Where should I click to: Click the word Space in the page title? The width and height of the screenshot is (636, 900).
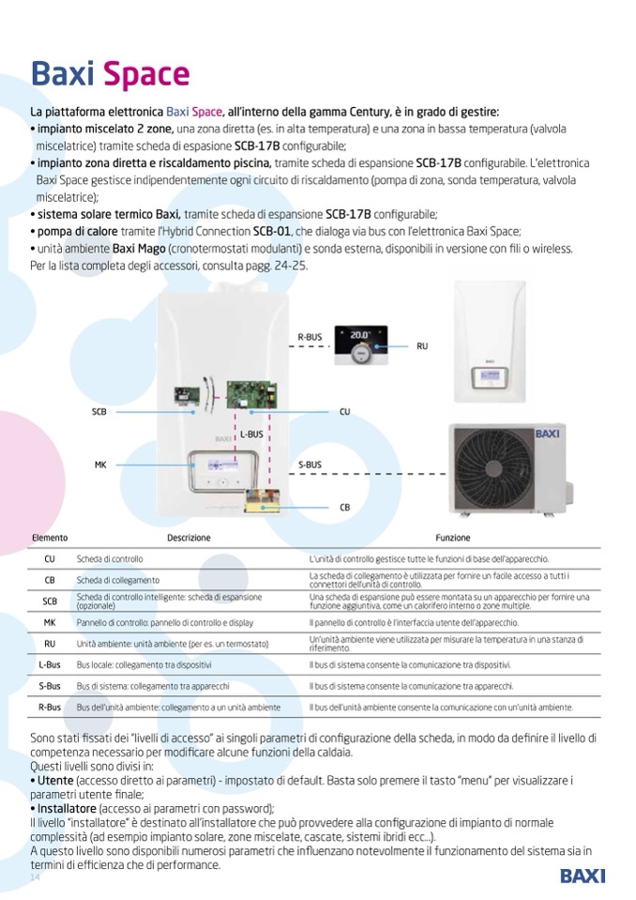point(145,73)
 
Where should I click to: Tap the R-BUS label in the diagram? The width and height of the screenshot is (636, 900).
point(310,337)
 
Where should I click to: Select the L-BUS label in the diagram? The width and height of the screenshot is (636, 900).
point(250,435)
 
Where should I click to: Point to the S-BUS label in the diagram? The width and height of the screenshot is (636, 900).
point(310,464)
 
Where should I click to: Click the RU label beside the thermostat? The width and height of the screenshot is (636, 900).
point(421,346)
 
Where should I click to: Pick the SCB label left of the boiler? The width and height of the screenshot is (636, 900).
point(98,412)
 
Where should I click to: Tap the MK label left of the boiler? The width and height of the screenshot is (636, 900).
point(100,464)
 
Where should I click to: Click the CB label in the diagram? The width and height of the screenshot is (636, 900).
point(344,507)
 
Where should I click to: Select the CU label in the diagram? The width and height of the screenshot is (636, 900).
point(344,412)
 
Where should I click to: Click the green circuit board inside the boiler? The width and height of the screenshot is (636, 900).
point(252,388)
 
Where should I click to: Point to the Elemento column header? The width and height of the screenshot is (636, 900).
point(50,538)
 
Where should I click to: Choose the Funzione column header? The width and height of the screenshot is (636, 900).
point(452,538)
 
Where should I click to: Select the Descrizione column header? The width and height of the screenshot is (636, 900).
point(189,538)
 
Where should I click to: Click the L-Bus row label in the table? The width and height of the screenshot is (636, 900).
point(50,664)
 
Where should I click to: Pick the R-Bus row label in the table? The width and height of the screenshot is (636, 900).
point(50,707)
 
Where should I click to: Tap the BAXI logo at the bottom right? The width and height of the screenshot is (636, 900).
point(583,875)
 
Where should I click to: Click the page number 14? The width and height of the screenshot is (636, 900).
point(36,877)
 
